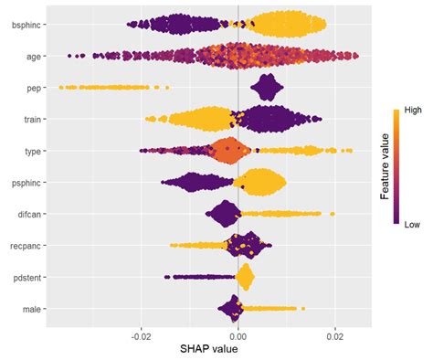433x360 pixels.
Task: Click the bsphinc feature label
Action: [25, 25]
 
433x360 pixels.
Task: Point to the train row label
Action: [31, 119]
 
